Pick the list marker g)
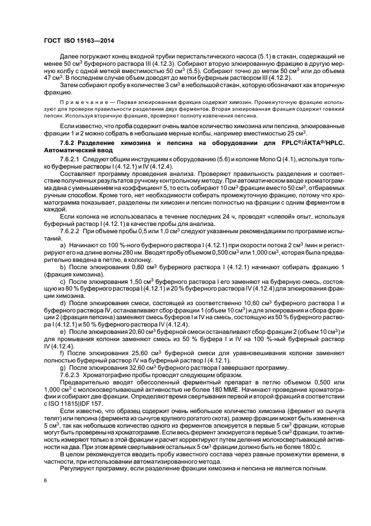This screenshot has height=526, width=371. (x=63, y=368)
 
